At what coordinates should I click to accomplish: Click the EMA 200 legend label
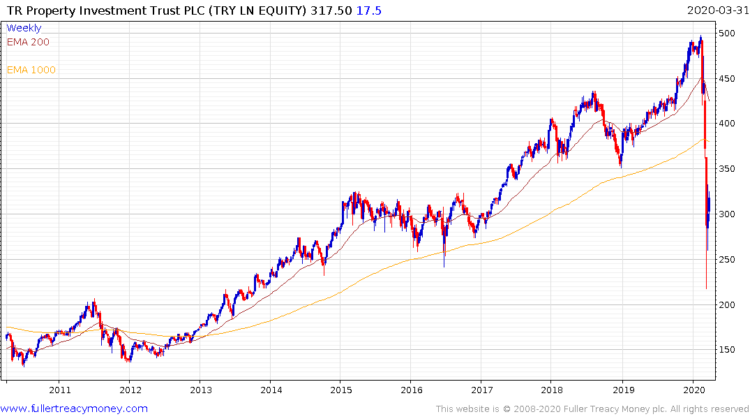[x=28, y=42]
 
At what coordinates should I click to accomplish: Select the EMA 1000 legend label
[x=31, y=70]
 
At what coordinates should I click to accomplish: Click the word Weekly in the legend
[x=24, y=28]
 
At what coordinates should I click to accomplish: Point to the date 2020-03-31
[x=715, y=10]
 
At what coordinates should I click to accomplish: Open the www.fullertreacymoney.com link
[x=74, y=409]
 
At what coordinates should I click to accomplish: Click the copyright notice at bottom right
[x=592, y=409]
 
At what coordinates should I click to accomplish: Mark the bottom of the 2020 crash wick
[x=706, y=288]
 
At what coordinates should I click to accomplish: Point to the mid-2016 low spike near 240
[x=444, y=266]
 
